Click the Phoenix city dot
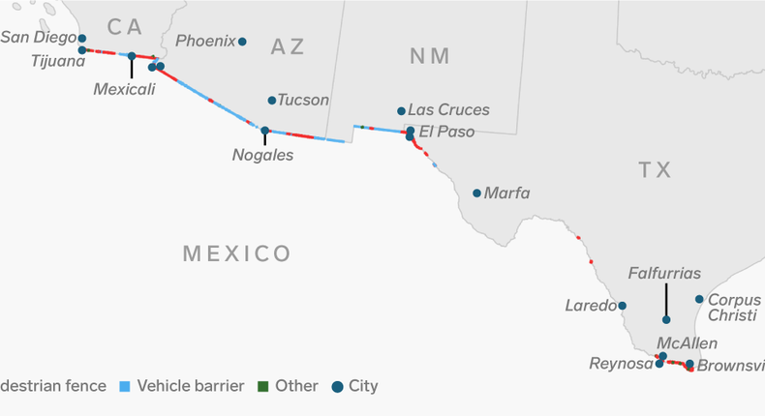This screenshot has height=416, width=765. coord(242,42)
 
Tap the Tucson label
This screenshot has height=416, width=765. coord(303,100)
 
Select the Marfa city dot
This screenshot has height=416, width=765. coord(476,193)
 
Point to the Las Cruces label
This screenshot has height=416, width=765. coord(448,110)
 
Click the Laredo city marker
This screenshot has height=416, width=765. coord(623,306)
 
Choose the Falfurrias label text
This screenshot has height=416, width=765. coord(664,274)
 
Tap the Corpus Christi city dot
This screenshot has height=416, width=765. coord(699,299)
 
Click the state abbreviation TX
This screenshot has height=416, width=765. coord(655,170)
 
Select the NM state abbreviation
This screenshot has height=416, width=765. coord(429,56)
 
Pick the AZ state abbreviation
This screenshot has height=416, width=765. coord(288,46)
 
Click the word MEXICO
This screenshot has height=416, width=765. coord(237,254)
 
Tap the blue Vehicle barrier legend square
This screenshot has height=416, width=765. coord(124,386)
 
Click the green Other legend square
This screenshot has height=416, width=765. coord(262,386)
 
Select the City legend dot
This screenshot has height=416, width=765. coord(337,386)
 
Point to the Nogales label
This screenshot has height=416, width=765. coord(263,155)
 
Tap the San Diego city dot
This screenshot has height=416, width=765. coord(82,39)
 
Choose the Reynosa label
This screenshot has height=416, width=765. coord(620,364)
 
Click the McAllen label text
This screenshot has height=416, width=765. coord(687,343)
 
